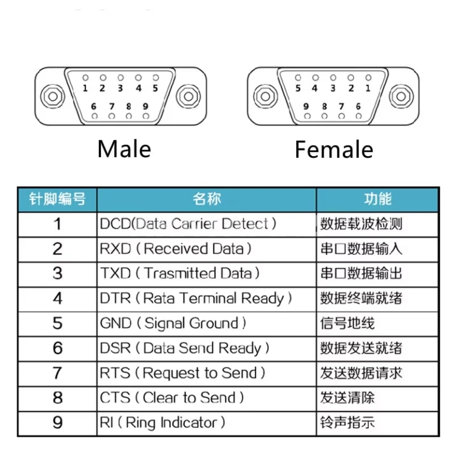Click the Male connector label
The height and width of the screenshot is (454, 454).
124,149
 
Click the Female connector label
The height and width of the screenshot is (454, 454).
334,150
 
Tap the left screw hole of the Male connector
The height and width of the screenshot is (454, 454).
53,96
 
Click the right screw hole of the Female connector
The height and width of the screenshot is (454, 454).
401,96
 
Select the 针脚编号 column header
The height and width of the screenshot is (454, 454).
57,199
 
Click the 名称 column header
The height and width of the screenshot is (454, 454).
207,199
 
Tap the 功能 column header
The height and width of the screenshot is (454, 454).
378,199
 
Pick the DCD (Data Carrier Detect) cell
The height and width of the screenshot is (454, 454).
207,225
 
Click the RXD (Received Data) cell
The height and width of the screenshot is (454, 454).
207,249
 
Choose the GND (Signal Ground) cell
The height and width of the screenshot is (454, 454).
207,324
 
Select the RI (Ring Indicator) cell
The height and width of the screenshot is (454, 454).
207,423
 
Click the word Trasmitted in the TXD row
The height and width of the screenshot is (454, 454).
180,273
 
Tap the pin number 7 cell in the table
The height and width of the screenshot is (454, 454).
57,373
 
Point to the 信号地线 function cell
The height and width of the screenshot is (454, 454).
378,324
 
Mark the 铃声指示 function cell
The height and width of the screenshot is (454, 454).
378,423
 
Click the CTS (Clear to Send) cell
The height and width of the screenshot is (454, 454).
207,398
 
